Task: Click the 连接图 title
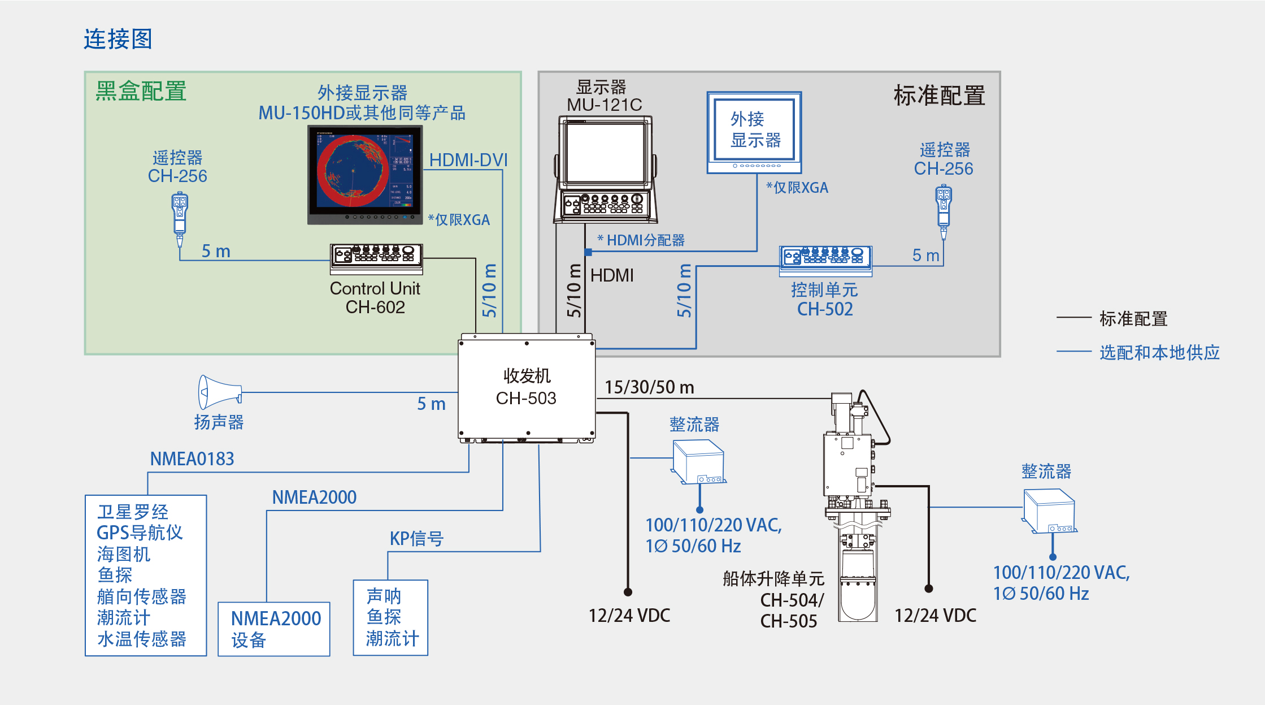tap(118, 39)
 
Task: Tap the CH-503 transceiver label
tap(526, 398)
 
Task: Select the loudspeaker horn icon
tap(220, 392)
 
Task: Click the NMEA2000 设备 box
tap(274, 629)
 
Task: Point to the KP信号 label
tap(416, 538)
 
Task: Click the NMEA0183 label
tap(192, 459)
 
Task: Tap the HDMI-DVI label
tap(468, 160)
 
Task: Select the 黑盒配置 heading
tap(141, 91)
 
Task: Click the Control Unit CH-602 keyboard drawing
tap(376, 259)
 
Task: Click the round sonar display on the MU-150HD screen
tap(353, 172)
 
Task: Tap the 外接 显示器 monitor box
tap(754, 133)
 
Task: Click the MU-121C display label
tap(604, 105)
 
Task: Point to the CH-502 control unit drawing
tap(825, 261)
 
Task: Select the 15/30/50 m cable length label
tap(649, 387)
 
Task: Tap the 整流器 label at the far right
tap(1046, 471)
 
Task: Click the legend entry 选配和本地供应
tap(1159, 352)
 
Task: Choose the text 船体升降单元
tap(773, 578)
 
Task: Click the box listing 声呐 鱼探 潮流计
tap(390, 618)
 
